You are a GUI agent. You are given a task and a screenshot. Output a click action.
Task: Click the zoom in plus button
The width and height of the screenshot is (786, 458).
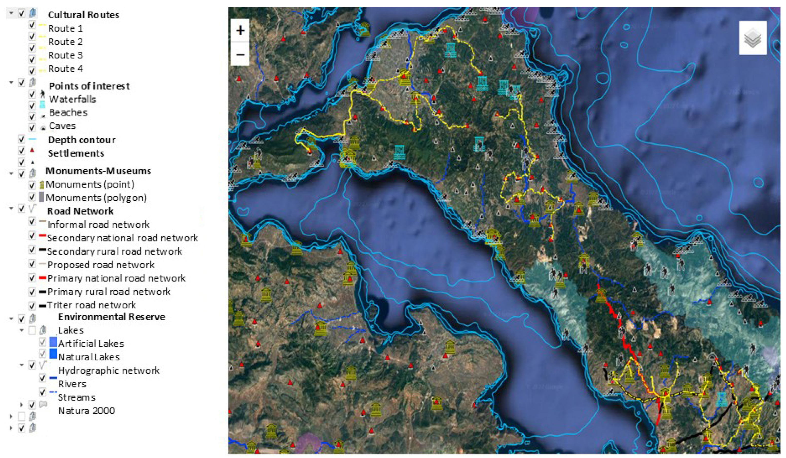coord(240,31)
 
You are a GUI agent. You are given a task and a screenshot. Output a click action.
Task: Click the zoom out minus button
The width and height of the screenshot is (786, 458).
coord(240,55)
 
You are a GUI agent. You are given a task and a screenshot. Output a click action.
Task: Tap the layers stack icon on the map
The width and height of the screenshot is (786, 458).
coord(752,38)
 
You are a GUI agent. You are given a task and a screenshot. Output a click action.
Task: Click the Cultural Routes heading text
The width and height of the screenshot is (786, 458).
coord(83,15)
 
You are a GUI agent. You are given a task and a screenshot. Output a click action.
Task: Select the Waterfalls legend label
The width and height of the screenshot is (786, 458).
coord(72,99)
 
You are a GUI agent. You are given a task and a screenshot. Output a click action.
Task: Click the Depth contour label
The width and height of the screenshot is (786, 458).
coord(82,140)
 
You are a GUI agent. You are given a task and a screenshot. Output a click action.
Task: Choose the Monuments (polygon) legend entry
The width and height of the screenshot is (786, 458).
coord(96,198)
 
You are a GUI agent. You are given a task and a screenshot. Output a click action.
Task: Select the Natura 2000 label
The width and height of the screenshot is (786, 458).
coord(86,411)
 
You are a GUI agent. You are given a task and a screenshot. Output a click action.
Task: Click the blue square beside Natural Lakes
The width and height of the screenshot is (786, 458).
coord(53,354)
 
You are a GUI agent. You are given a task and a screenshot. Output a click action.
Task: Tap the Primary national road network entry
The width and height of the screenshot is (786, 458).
coord(116,278)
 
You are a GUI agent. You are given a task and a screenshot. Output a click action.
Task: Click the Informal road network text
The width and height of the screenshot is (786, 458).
coord(98,224)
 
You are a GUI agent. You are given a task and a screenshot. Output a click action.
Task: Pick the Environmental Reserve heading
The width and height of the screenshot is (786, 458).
coord(111,317)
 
